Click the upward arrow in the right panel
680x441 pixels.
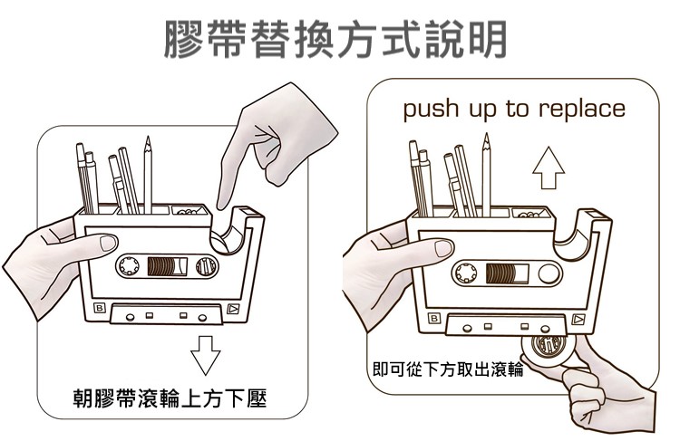[548, 168]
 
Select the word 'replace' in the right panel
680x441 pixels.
[581, 110]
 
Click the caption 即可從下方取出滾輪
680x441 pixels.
[448, 369]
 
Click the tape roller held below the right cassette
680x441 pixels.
[548, 350]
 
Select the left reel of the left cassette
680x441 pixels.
[127, 267]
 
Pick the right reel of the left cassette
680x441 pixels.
[205, 267]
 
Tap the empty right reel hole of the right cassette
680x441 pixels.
[549, 273]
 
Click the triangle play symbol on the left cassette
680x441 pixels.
[233, 311]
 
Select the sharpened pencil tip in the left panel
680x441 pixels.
[146, 141]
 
